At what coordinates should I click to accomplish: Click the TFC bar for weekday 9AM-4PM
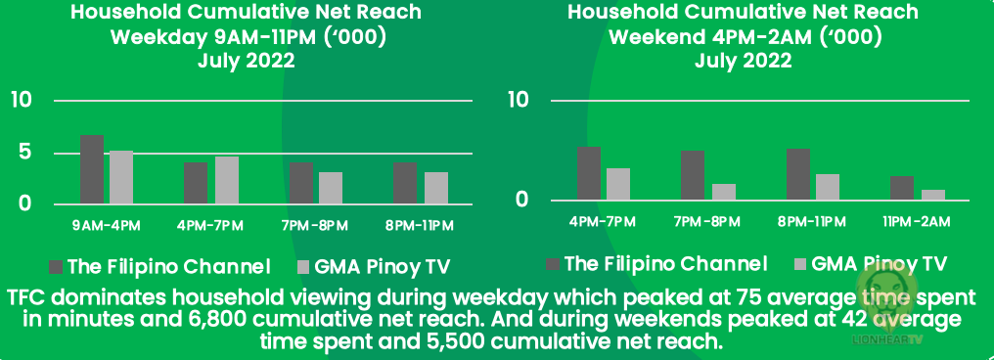pyautogui.click(x=92, y=169)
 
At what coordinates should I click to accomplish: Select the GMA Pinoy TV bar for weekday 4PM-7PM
pyautogui.click(x=226, y=180)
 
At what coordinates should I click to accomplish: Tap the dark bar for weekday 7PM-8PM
pyautogui.click(x=301, y=183)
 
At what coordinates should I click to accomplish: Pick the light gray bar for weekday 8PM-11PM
pyautogui.click(x=436, y=188)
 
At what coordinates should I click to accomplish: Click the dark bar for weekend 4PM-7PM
pyautogui.click(x=589, y=173)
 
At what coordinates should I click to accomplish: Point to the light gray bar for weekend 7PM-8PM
pyautogui.click(x=723, y=192)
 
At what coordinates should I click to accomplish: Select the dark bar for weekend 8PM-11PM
pyautogui.click(x=798, y=174)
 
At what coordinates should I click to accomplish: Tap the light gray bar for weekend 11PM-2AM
pyautogui.click(x=933, y=196)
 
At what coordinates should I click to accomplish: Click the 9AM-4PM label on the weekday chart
pyautogui.click(x=107, y=226)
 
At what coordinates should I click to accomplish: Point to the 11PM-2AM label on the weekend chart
pyautogui.click(x=918, y=221)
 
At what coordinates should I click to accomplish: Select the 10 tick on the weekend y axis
pyautogui.click(x=520, y=100)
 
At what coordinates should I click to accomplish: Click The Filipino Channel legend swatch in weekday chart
pyautogui.click(x=57, y=267)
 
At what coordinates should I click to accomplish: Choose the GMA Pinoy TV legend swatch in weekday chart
pyautogui.click(x=303, y=267)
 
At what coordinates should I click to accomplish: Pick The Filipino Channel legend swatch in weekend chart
pyautogui.click(x=554, y=263)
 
